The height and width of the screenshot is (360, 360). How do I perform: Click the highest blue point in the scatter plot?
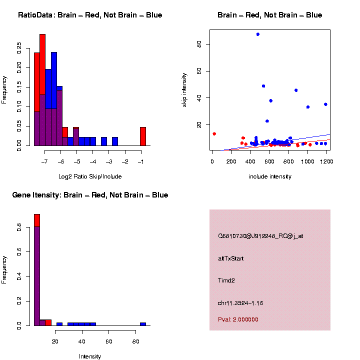click(257, 34)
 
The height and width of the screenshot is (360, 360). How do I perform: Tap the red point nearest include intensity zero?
click(214, 133)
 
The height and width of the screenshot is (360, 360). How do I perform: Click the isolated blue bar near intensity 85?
click(143, 323)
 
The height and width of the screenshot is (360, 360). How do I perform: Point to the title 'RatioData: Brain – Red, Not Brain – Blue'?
click(90, 15)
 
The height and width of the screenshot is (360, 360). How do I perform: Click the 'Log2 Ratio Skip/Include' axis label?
click(90, 176)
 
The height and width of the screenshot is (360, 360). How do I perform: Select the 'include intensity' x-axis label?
click(270, 176)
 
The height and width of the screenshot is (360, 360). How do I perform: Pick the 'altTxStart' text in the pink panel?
click(231, 258)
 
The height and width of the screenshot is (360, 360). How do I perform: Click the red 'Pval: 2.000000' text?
click(238, 319)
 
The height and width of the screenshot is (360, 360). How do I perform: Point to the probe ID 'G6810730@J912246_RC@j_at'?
click(260, 236)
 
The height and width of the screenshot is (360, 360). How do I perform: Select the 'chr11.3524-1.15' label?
click(240, 303)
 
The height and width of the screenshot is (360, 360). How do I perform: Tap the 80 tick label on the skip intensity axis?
click(199, 44)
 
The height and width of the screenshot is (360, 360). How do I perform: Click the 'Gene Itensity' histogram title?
click(90, 194)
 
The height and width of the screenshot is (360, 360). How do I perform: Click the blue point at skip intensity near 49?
click(263, 85)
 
